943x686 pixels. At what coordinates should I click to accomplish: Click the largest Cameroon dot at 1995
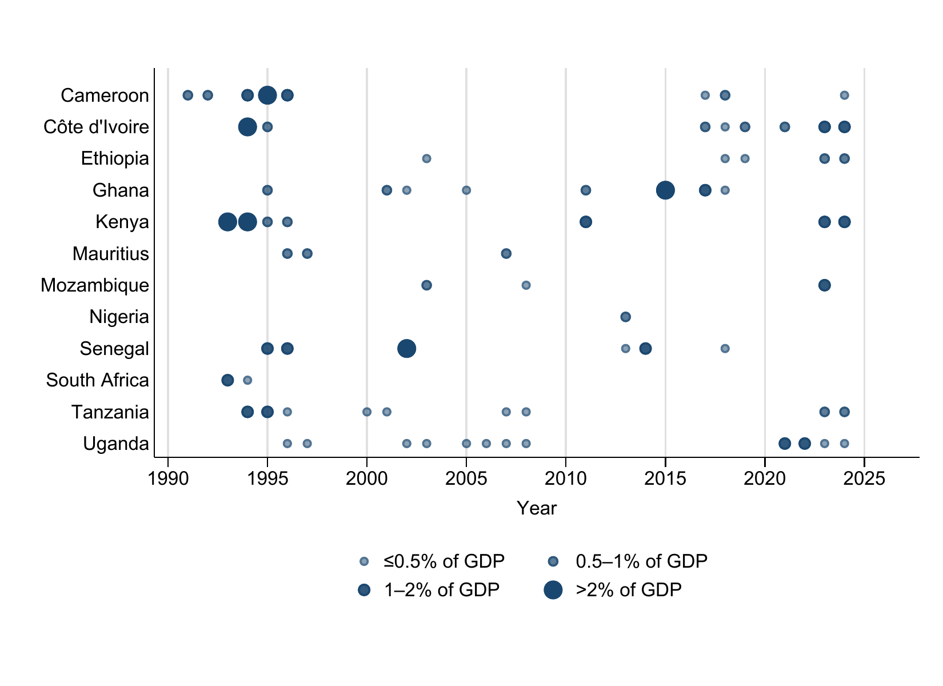(x=267, y=95)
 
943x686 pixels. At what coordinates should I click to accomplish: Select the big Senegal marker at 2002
(x=406, y=348)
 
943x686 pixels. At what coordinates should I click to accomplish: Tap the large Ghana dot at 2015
(x=665, y=190)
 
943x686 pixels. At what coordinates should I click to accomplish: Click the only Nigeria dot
(x=625, y=317)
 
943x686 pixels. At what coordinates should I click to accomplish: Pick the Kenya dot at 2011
(x=586, y=222)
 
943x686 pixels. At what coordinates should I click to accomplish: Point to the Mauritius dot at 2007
(x=506, y=253)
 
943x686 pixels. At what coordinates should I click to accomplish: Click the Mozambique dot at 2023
(x=824, y=285)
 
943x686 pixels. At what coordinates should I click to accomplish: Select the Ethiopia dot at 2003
(x=426, y=158)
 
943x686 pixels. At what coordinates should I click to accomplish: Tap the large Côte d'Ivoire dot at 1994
(x=247, y=126)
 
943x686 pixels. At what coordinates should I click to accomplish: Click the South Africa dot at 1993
(x=227, y=380)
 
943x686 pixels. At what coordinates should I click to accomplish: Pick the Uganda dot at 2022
(x=804, y=443)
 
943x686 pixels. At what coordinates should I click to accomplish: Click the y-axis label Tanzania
(x=110, y=412)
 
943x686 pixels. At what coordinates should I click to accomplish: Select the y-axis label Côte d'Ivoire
(x=96, y=127)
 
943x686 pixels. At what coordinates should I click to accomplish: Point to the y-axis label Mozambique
(x=94, y=285)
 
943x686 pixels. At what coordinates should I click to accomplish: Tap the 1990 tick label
(x=168, y=478)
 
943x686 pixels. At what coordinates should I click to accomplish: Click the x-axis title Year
(x=536, y=508)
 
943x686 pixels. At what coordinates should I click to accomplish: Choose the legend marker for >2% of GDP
(x=553, y=590)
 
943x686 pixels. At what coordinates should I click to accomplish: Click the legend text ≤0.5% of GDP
(x=443, y=561)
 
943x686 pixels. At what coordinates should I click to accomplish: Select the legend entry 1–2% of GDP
(x=442, y=590)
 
